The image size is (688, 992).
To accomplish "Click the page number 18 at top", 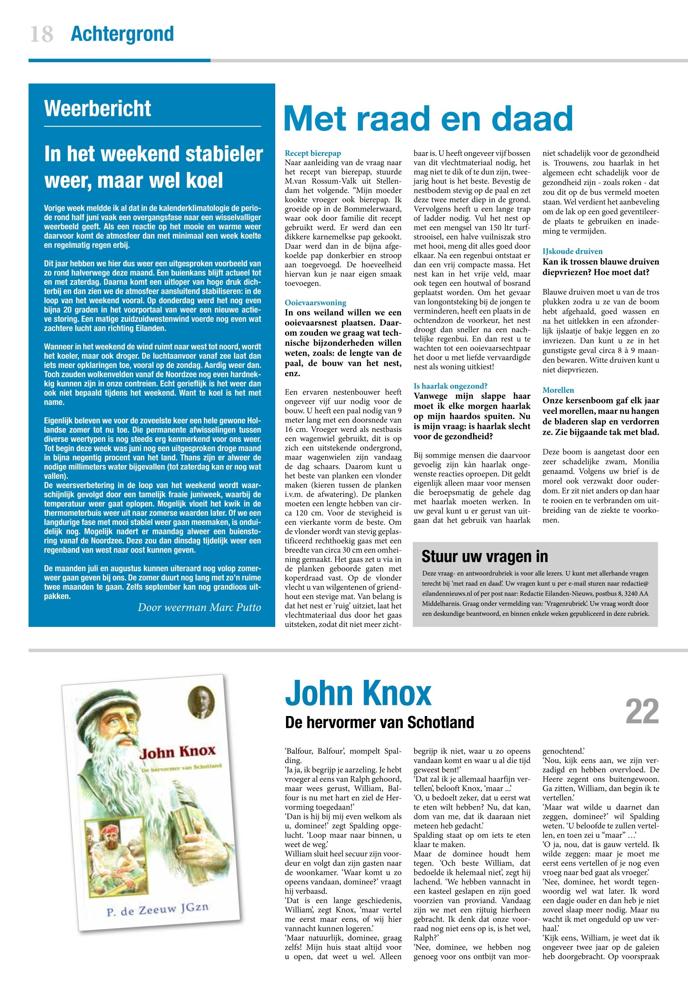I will (x=42, y=34).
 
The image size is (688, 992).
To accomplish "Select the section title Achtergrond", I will (x=122, y=34).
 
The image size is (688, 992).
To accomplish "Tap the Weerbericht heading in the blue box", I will (x=97, y=108).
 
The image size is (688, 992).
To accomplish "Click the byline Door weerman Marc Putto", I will (x=199, y=608).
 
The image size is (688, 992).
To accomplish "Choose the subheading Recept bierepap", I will (x=312, y=153).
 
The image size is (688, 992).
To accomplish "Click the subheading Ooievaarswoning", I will (x=315, y=303).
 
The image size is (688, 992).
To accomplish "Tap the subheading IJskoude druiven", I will (x=572, y=251).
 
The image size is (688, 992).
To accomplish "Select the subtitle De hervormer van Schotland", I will (x=379, y=722).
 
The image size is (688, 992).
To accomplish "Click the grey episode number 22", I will (x=642, y=712).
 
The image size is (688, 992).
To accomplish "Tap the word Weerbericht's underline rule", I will (x=153, y=126).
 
